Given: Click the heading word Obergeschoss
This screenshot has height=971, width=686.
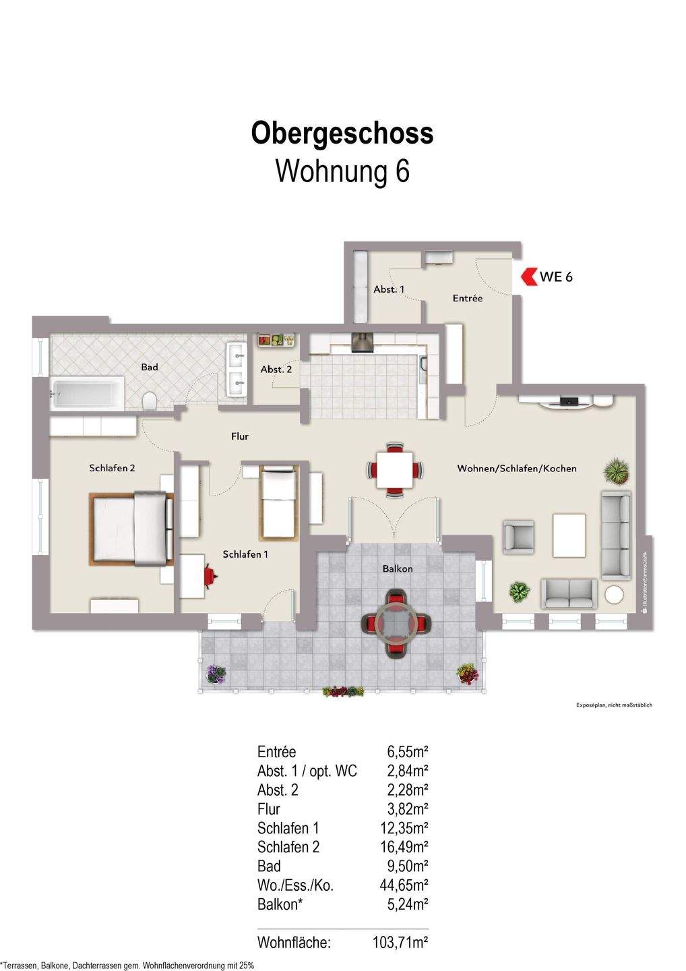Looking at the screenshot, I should tap(342, 134).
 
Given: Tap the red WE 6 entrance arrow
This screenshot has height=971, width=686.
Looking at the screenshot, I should tap(528, 276).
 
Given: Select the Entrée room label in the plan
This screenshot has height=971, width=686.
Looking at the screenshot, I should tap(467, 298).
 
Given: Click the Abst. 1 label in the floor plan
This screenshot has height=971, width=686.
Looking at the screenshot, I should tap(389, 289).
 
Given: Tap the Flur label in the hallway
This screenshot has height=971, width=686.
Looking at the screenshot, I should tap(240, 436).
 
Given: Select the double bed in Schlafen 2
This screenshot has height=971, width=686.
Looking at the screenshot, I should tap(133, 529).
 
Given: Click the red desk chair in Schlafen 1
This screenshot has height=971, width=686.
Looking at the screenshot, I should tap(210, 576).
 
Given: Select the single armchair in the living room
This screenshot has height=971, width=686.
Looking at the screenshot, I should tap(518, 537).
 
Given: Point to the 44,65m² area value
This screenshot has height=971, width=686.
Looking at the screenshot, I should tap(404, 885).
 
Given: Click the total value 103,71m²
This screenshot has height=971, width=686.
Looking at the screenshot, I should tap(400, 943).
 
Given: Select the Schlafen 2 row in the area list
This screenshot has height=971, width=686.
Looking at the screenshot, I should tap(288, 847).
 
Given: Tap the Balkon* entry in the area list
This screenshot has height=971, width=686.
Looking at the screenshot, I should tap(280, 904).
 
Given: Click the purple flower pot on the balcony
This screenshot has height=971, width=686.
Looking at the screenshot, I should tap(216, 673).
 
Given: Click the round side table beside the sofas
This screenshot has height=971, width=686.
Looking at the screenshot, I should tap(614, 595).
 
